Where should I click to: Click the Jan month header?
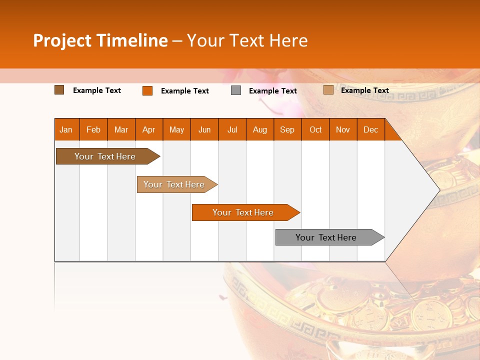(x=66, y=129)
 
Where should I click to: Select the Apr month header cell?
(x=148, y=129)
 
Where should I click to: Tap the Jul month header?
(x=232, y=129)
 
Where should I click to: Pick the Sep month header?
(x=287, y=129)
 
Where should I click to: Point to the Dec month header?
(x=370, y=129)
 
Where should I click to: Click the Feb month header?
(x=93, y=129)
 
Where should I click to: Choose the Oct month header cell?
(x=315, y=129)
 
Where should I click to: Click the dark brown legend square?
(x=59, y=90)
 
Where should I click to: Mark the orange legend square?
(x=147, y=90)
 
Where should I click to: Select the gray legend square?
(x=236, y=90)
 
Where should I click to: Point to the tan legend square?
(x=328, y=90)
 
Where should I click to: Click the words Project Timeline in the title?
(x=100, y=40)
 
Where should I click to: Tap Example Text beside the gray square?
(x=272, y=91)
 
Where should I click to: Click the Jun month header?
(x=204, y=129)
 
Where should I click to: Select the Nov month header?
(x=343, y=129)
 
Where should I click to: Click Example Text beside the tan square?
(x=364, y=90)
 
